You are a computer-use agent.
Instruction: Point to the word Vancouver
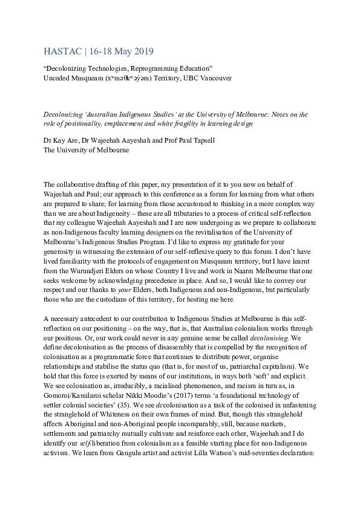click(215, 77)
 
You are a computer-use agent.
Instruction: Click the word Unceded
click(59, 77)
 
